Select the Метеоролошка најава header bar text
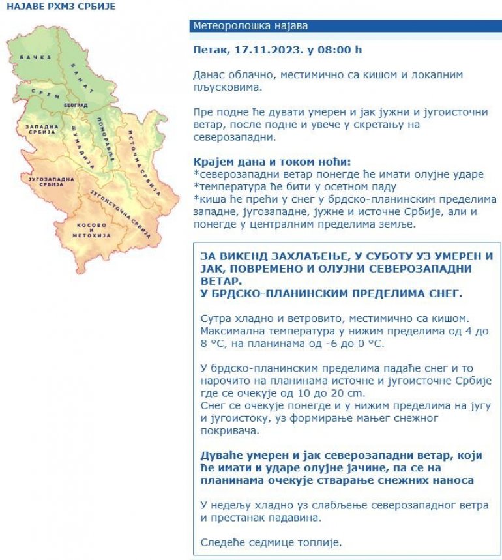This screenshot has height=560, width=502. tap(250, 26)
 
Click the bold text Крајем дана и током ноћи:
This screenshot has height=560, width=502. tap(272, 162)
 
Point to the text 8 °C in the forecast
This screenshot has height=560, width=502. tap(213, 343)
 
